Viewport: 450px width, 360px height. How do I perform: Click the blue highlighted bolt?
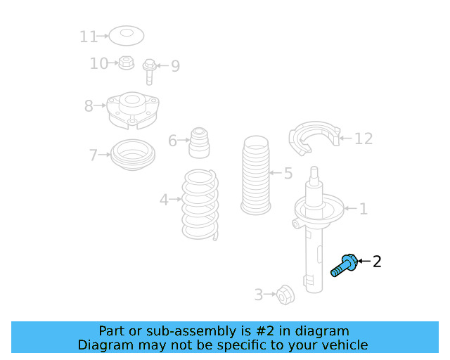[x=345, y=266]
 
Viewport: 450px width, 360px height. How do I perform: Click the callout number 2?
[x=377, y=262]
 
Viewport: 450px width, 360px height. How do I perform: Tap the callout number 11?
[x=89, y=36]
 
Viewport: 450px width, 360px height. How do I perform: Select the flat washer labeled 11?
[x=127, y=34]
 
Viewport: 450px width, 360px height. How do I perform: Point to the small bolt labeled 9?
[x=150, y=70]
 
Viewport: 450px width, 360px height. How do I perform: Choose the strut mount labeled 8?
[x=131, y=111]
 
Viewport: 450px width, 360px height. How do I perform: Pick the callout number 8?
[x=89, y=106]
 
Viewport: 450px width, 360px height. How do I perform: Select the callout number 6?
[x=173, y=141]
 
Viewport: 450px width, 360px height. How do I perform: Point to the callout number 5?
[x=288, y=173]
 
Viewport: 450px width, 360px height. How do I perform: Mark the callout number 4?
[x=164, y=200]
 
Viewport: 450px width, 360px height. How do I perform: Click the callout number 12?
[x=363, y=139]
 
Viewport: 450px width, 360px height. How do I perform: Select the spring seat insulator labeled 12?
[x=314, y=140]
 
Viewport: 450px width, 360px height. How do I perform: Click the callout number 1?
[x=363, y=209]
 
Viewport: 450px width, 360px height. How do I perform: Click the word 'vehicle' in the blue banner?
[x=342, y=345]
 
